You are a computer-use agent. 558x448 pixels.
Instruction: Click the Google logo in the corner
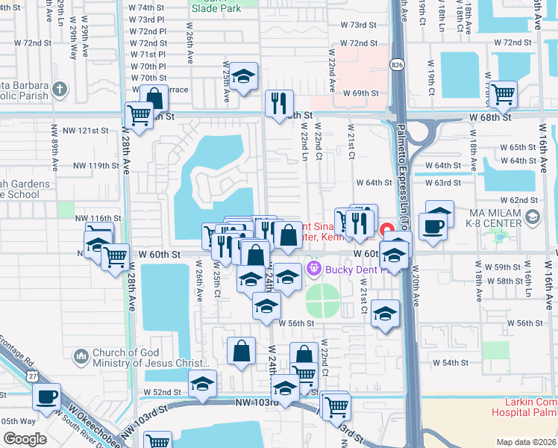coord(24,438)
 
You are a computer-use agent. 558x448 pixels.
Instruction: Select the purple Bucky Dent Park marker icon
coord(313,267)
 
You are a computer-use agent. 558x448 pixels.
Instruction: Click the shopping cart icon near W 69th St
coord(503,94)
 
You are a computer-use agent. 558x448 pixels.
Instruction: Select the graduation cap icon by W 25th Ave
coord(243,78)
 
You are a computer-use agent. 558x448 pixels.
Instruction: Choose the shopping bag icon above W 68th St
coord(154,99)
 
